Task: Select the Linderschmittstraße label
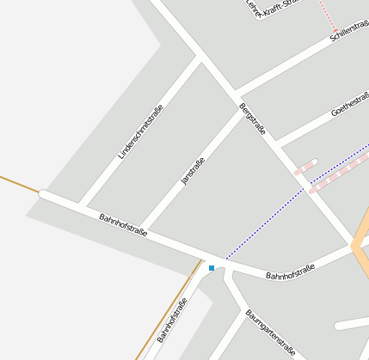pyautogui.click(x=140, y=131)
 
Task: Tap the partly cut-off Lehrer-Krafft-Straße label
pyautogui.click(x=270, y=9)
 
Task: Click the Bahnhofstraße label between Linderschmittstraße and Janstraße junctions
pyautogui.click(x=123, y=225)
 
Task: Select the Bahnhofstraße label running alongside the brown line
pyautogui.click(x=172, y=320)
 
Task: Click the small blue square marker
pyautogui.click(x=212, y=269)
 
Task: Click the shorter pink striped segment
pyautogui.click(x=305, y=167)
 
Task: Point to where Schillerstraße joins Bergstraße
pyautogui.click(x=235, y=93)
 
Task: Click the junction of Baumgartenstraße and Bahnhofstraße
pyautogui.click(x=227, y=273)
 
